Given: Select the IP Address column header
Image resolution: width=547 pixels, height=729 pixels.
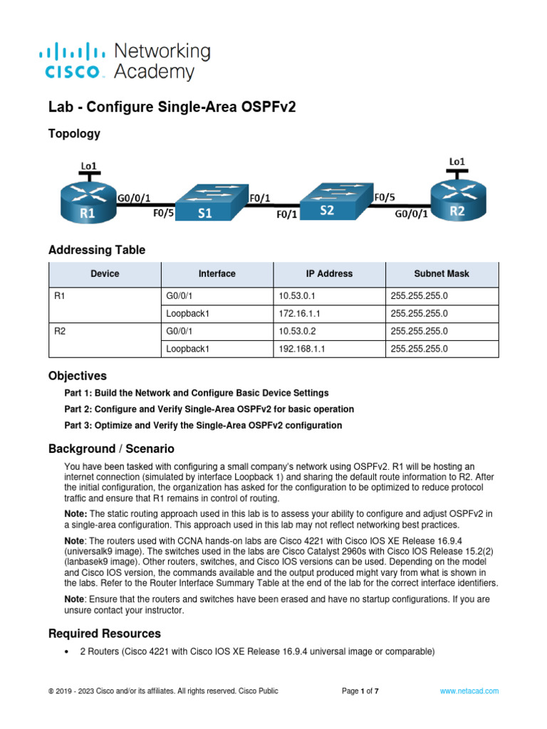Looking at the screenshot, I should pyautogui.click(x=329, y=273).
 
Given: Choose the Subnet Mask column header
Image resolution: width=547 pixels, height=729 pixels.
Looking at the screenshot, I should pyautogui.click(x=442, y=273).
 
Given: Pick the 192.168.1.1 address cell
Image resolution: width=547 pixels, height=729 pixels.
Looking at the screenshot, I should pyautogui.click(x=329, y=349).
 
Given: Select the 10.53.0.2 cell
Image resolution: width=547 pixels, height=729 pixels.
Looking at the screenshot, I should pyautogui.click(x=329, y=331).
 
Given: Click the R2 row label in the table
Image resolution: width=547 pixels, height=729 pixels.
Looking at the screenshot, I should pyautogui.click(x=60, y=331).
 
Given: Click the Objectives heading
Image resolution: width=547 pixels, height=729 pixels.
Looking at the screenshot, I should pyautogui.click(x=77, y=375).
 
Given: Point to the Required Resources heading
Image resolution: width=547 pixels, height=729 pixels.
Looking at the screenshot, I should pyautogui.click(x=104, y=634).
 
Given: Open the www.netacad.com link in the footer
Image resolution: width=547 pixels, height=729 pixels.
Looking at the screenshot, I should pyautogui.click(x=469, y=691).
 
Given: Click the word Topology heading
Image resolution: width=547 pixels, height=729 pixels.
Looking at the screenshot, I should pyautogui.click(x=74, y=133).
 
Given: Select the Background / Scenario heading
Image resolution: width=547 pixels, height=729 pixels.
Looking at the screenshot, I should pyautogui.click(x=110, y=449).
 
